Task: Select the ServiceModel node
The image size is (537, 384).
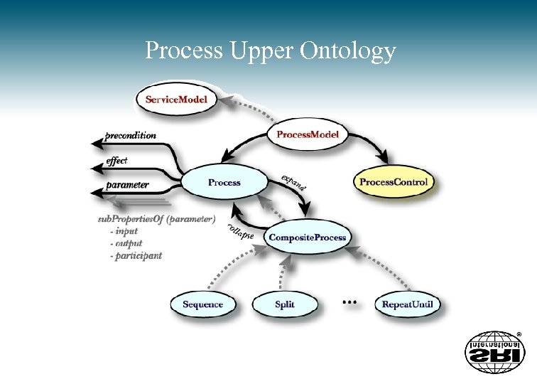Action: (x=176, y=100)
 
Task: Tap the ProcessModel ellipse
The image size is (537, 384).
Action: (x=307, y=134)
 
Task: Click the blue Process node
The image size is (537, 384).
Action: (x=224, y=183)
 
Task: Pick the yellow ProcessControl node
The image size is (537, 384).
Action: (x=394, y=183)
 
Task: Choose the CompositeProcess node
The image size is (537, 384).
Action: (x=308, y=237)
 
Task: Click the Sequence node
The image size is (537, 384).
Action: (x=202, y=304)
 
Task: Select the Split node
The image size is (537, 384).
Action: (x=284, y=304)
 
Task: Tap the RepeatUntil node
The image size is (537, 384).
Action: (x=407, y=304)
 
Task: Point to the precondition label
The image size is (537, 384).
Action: (x=130, y=135)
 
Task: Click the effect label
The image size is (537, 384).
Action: (x=116, y=161)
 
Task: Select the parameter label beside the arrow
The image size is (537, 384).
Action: (x=127, y=185)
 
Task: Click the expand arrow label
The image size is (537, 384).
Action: (x=293, y=182)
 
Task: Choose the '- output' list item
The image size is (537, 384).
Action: (x=126, y=243)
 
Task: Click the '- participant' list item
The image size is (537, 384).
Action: (x=136, y=255)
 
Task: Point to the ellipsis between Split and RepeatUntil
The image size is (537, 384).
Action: (x=349, y=302)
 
